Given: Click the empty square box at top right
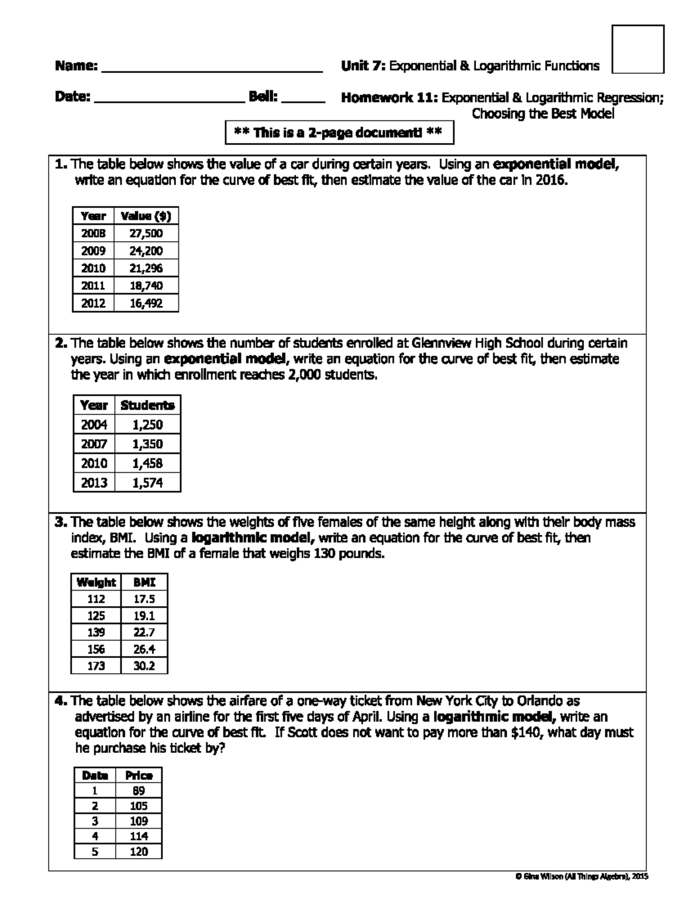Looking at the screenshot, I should pyautogui.click(x=638, y=49).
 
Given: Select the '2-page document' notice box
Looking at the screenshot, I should pyautogui.click(x=339, y=133).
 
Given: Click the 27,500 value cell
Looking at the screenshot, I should pyautogui.click(x=146, y=234).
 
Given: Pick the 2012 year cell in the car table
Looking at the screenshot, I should pyautogui.click(x=93, y=303).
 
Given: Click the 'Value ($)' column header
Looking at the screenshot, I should pyautogui.click(x=146, y=216).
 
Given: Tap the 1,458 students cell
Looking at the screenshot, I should pyautogui.click(x=147, y=463).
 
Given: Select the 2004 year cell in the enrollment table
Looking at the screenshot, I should pyautogui.click(x=94, y=424).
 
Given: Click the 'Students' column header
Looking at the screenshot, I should pyautogui.click(x=147, y=405).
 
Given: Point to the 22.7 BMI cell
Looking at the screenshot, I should pyautogui.click(x=144, y=632).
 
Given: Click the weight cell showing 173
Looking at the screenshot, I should pyautogui.click(x=96, y=666).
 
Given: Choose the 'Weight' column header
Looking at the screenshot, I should pyautogui.click(x=96, y=582).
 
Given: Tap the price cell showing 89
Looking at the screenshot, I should pyautogui.click(x=138, y=790).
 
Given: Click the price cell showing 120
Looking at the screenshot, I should pyautogui.click(x=138, y=851).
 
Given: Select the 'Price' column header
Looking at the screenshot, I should pyautogui.click(x=138, y=775).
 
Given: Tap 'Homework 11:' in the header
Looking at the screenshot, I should pyautogui.click(x=389, y=98).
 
